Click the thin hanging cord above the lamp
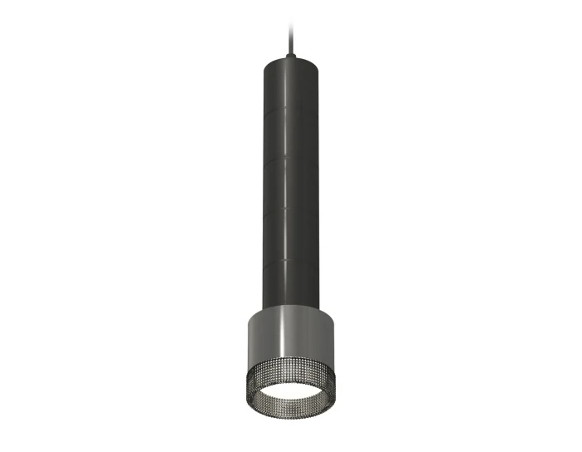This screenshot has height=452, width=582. [290, 25]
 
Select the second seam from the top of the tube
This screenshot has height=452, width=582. [290, 159]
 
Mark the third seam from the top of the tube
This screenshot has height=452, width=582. [290, 211]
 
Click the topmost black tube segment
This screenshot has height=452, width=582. [290, 84]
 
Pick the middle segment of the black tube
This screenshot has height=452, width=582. [290, 185]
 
